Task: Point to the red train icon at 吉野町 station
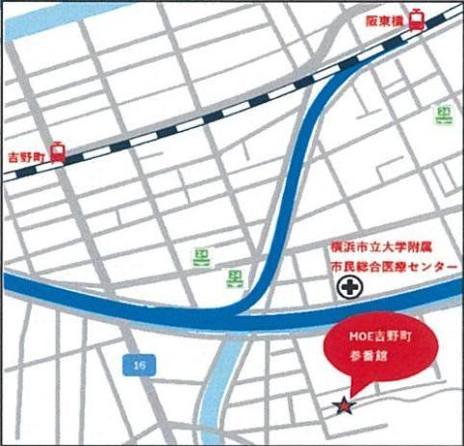click(x=59, y=152)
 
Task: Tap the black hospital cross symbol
click(x=347, y=287)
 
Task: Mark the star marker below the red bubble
click(x=343, y=407)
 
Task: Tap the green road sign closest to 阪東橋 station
click(x=444, y=113)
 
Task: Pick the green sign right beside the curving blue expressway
click(x=235, y=277)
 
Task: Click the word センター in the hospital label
click(x=429, y=265)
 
